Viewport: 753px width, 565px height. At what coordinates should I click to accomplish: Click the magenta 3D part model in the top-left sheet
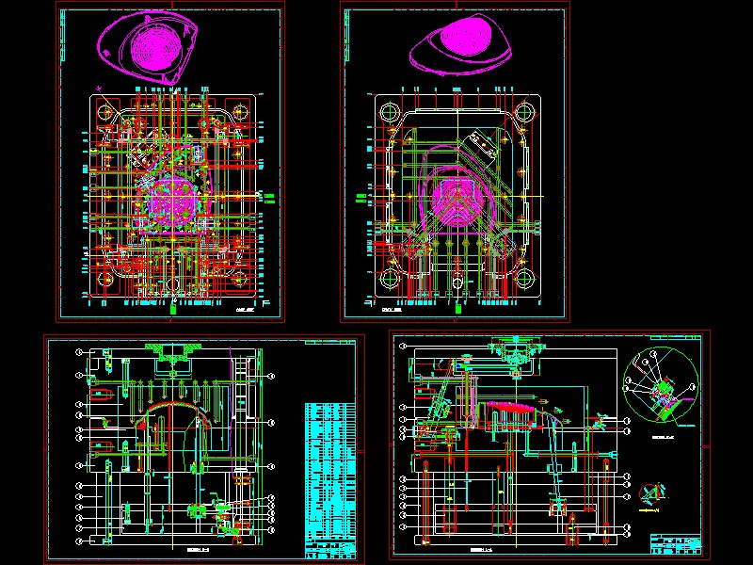pos(152,47)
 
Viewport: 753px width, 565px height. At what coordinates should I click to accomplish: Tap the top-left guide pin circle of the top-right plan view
pos(389,112)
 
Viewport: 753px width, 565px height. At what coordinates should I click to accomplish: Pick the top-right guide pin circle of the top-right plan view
pos(523,112)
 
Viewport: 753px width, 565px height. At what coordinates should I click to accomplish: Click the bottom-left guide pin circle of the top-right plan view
pos(389,280)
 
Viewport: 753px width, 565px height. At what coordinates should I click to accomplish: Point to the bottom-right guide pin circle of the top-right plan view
pos(523,280)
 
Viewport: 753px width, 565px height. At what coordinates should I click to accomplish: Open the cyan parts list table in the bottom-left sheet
pos(330,471)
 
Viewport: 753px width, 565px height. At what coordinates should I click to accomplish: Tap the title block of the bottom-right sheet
pos(676,543)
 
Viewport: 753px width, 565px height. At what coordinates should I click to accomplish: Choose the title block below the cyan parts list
pos(330,548)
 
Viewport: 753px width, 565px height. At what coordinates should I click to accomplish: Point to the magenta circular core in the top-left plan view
pos(174,197)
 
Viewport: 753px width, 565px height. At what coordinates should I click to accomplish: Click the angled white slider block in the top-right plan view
pos(485,141)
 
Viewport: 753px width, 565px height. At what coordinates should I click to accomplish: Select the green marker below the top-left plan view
pos(174,306)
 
